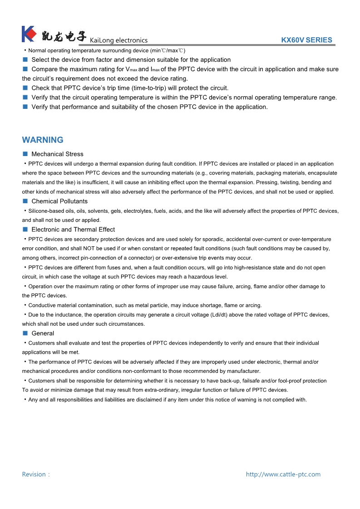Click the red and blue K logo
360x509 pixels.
point(29,34)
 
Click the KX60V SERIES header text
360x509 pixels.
point(306,40)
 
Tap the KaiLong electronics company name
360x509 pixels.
point(119,40)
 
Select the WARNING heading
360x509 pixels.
point(43,140)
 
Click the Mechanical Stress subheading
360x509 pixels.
point(57,154)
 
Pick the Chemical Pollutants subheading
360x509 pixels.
point(59,201)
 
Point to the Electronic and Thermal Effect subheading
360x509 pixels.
point(73,230)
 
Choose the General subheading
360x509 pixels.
point(43,333)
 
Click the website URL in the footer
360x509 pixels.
point(283,475)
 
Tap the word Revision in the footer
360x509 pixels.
point(34,475)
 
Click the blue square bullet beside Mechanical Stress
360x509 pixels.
point(25,154)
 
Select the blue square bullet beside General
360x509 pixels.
point(25,333)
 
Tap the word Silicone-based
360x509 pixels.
point(44,211)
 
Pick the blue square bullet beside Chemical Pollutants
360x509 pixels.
point(25,201)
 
